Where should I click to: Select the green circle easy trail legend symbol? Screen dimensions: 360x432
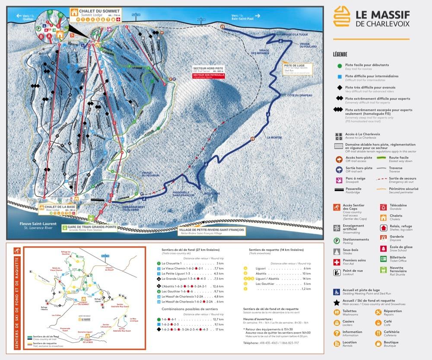[x=340, y=65]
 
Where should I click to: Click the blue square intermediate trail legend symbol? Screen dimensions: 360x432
[x=340, y=76]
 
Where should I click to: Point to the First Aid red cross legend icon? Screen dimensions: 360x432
[x=337, y=262]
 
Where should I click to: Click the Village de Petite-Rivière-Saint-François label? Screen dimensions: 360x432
[x=212, y=231]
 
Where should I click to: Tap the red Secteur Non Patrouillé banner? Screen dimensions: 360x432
[x=209, y=75]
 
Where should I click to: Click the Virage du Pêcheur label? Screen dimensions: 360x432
[x=150, y=174]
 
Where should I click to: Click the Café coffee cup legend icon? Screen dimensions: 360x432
[x=379, y=322]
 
